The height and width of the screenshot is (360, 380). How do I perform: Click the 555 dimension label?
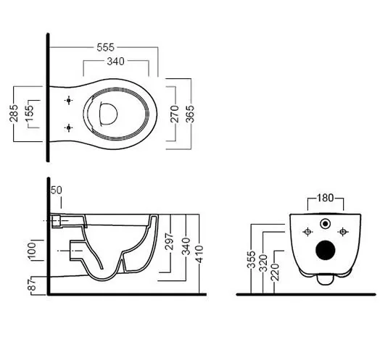pos(105,47)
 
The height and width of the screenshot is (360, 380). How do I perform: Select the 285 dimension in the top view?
pos(14,113)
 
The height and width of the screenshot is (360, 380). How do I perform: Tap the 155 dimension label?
pos(29,113)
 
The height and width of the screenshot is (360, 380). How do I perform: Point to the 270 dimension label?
pos(175,114)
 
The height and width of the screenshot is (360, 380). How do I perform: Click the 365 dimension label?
pos(190,114)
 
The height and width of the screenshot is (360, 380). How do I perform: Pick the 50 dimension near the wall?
pos(57,190)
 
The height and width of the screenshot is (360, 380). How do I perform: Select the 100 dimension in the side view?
pos(32,251)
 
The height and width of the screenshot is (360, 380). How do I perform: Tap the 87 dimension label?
pos(32,284)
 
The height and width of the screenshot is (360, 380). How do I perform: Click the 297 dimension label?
pos(169,241)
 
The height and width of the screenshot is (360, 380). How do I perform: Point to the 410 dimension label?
pos(199,254)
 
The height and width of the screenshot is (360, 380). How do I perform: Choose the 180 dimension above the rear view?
pos(325,198)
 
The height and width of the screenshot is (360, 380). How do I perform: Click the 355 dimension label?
pos(252,260)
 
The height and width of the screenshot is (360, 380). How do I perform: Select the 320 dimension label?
pos(263,263)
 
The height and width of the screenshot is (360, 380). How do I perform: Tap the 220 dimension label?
pos(275,272)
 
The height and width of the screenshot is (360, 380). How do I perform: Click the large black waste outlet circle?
pos(326,250)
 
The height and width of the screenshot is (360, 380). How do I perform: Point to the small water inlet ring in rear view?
pos(325,223)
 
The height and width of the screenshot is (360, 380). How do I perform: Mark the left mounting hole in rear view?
pos(307,232)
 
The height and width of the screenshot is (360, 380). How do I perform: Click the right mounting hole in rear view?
pos(343,232)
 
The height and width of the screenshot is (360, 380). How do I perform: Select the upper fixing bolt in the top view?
pos(69,100)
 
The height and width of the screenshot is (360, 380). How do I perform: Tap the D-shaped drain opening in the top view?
pos(108,113)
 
